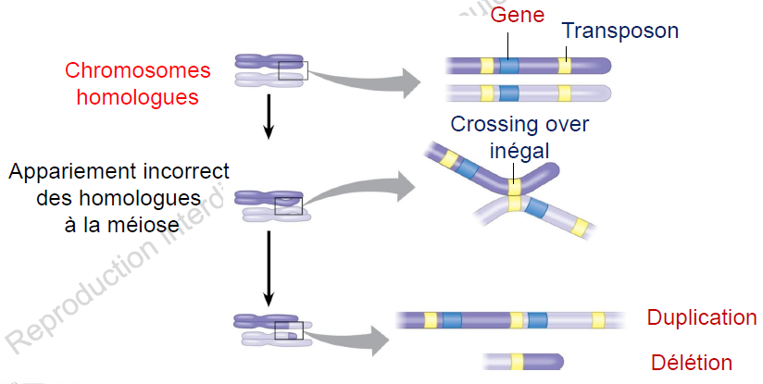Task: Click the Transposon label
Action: tap(620, 31)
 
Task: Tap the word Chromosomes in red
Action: tap(138, 71)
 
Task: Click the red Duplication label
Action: tap(701, 318)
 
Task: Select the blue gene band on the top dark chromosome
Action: tap(509, 66)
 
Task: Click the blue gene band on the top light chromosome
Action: tap(509, 93)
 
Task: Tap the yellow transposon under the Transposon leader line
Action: tap(565, 66)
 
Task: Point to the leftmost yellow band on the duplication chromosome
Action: tap(431, 320)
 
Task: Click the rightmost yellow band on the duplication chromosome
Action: tap(598, 320)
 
